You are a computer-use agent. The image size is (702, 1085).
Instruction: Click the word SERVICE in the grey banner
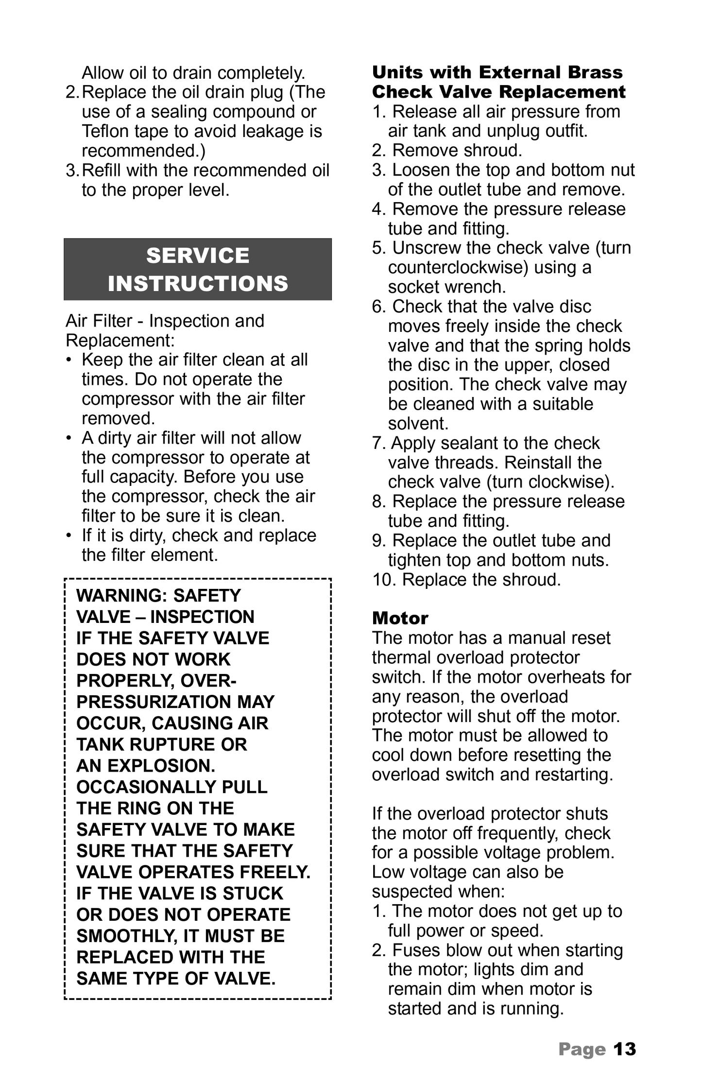click(x=198, y=256)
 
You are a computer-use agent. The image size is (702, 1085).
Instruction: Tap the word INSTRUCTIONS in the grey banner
click(x=198, y=283)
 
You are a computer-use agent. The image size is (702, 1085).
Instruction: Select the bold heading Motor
click(x=400, y=618)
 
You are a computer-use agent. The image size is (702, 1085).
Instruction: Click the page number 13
click(x=624, y=1049)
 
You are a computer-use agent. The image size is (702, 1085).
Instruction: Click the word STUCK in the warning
click(x=253, y=893)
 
